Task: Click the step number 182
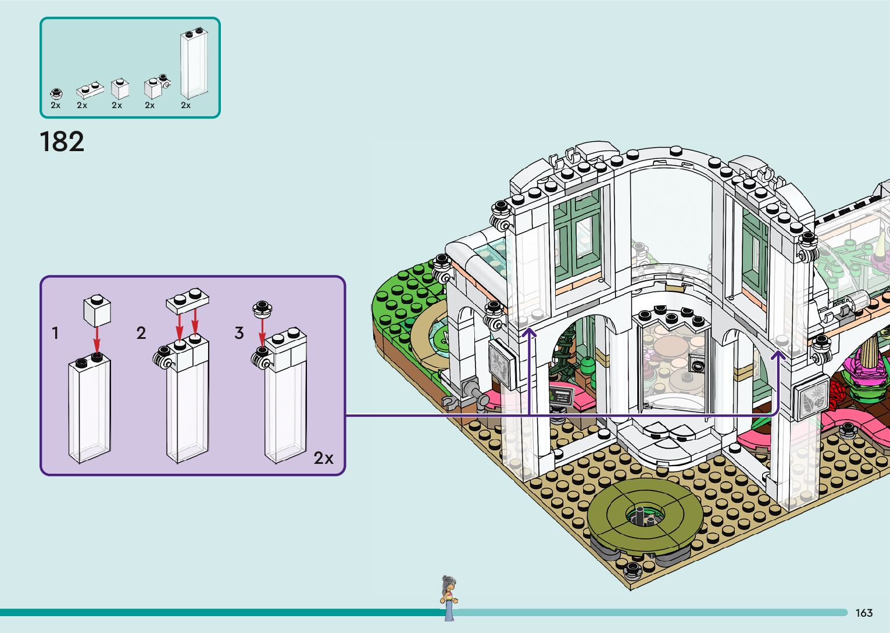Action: (62, 142)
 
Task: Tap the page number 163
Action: (864, 613)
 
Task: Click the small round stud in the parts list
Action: (56, 92)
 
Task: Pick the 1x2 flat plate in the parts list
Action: (90, 91)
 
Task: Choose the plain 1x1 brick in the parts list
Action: (120, 88)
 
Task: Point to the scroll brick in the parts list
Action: (156, 87)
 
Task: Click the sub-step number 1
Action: (55, 333)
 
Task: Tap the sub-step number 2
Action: (141, 333)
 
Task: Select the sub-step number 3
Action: (239, 333)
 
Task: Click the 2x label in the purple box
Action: (324, 458)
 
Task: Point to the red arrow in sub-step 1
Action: (97, 338)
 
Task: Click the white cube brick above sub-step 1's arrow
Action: (97, 310)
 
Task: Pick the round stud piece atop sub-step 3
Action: (263, 308)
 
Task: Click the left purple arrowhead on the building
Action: (530, 332)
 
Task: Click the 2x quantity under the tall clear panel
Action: (185, 105)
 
